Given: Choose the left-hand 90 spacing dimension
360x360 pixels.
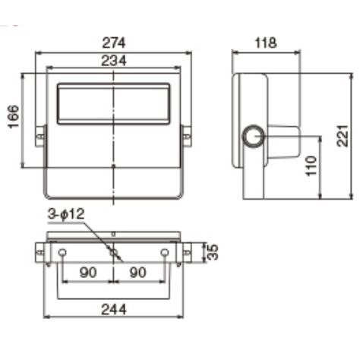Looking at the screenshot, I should coord(88,272).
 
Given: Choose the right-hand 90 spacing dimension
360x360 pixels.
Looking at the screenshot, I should coord(139,272).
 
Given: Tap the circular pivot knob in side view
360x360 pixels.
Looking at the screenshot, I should coord(253,136).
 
